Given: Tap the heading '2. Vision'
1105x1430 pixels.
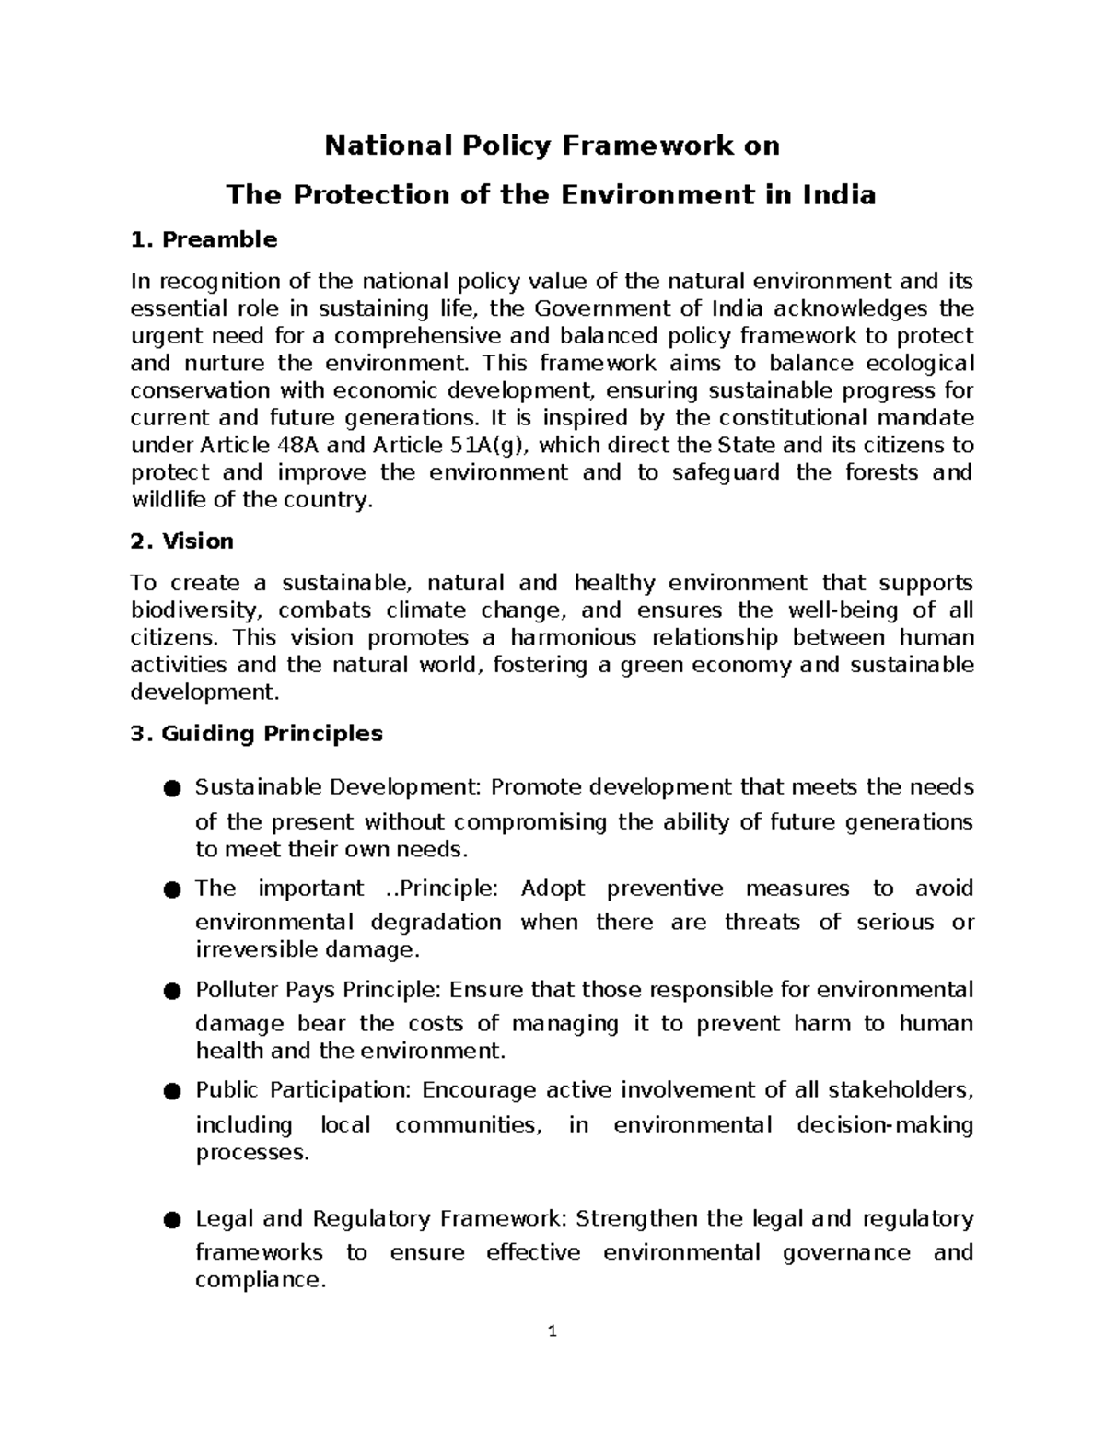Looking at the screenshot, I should point(181,541).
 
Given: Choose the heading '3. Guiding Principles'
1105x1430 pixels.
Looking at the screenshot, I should point(256,734).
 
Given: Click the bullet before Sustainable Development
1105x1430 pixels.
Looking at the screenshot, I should point(170,788).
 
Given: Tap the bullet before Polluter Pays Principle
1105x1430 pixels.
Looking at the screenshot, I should point(170,991).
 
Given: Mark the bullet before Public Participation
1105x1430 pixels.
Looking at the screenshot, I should point(170,1091).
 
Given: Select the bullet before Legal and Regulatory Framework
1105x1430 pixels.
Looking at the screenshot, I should point(170,1220).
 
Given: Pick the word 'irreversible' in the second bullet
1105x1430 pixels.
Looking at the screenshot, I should point(254,949).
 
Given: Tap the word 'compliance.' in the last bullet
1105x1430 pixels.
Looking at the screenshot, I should point(261,1280).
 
